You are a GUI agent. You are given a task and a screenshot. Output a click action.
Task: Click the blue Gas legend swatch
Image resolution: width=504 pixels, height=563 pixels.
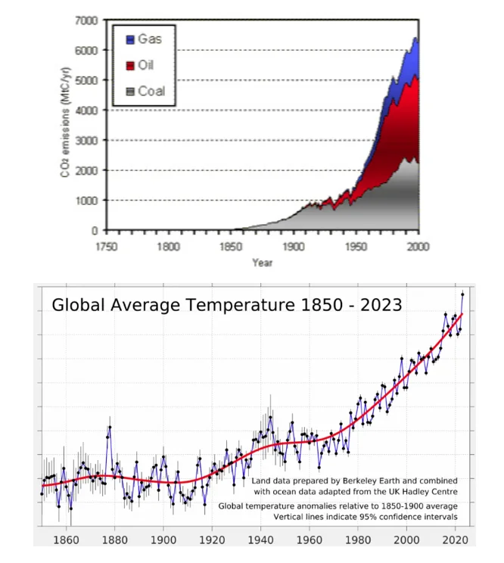click(x=130, y=39)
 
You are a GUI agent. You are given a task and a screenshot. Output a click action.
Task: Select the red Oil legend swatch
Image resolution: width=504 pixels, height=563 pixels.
click(x=130, y=66)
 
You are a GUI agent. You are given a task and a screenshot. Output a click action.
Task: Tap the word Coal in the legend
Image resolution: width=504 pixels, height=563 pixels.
click(x=151, y=92)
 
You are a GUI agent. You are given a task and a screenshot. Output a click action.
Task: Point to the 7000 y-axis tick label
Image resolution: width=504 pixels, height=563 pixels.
click(x=86, y=20)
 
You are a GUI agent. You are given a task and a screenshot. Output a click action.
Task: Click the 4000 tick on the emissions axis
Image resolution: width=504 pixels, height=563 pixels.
click(x=86, y=110)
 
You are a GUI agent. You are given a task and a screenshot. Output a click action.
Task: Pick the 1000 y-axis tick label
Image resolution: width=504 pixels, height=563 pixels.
click(x=86, y=201)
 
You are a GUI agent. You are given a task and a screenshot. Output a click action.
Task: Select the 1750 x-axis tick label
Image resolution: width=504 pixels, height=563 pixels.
click(x=107, y=247)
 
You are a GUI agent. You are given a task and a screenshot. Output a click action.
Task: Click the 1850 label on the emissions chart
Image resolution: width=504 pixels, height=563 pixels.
click(x=231, y=247)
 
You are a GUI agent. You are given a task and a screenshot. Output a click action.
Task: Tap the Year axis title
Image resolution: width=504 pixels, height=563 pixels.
click(x=263, y=263)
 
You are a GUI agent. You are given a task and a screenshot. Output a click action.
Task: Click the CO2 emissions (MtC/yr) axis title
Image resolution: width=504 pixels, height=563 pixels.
click(x=65, y=122)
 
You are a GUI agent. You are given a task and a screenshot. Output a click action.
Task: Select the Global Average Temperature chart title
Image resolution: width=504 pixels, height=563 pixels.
click(x=227, y=305)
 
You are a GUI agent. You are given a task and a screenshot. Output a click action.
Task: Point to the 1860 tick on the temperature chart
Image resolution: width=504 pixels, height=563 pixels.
click(x=66, y=540)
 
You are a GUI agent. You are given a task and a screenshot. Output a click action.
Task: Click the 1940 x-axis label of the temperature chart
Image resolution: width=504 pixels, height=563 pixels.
click(x=260, y=540)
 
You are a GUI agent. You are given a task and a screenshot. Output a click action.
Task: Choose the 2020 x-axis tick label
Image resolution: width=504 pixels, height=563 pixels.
click(x=455, y=540)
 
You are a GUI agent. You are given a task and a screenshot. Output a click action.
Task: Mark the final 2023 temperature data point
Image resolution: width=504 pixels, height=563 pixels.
click(x=462, y=294)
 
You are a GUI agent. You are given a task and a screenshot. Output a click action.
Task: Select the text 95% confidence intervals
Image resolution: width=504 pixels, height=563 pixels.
click(x=408, y=517)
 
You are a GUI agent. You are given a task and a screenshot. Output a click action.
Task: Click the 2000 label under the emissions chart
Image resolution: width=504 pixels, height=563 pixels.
click(x=418, y=247)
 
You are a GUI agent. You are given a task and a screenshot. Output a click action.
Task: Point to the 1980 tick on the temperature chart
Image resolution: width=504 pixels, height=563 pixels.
click(x=358, y=540)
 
